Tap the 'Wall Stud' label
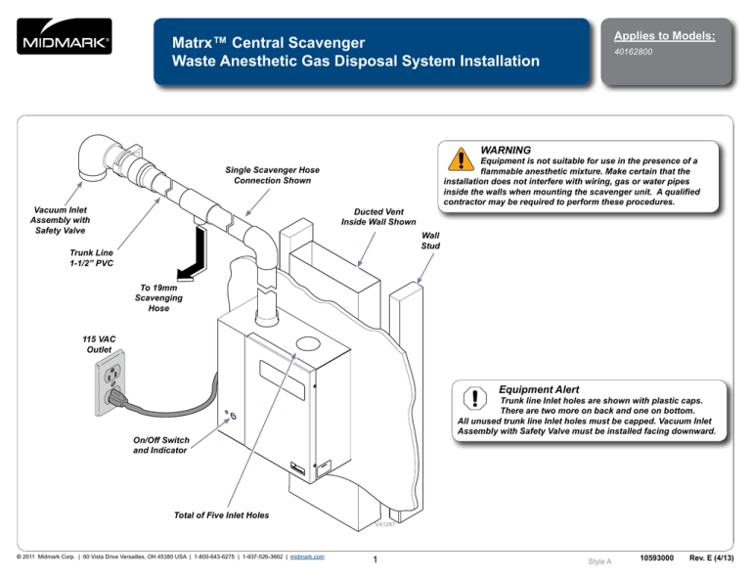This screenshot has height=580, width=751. point(430,241)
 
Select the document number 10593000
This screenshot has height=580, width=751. point(657,558)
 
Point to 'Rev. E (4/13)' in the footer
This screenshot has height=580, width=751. point(713,558)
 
